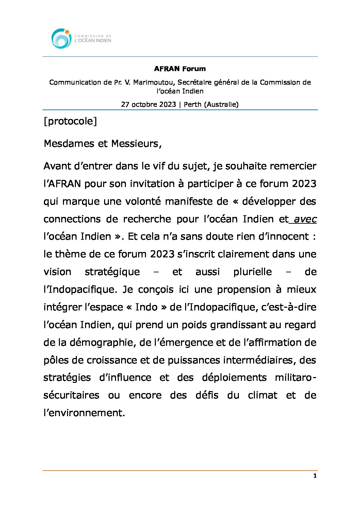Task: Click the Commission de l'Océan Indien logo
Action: pyautogui.click(x=81, y=38)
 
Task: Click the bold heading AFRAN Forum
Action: pyautogui.click(x=180, y=69)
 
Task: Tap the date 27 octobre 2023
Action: pyautogui.click(x=148, y=104)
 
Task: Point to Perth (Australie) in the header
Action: pyautogui.click(x=211, y=104)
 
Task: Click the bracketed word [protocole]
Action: pyautogui.click(x=70, y=121)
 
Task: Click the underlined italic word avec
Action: pyautogui.click(x=305, y=219)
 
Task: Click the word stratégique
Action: pyautogui.click(x=112, y=272)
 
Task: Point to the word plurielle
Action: pyautogui.click(x=252, y=272)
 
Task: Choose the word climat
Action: pyautogui.click(x=262, y=395)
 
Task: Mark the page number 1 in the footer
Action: pyautogui.click(x=315, y=476)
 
